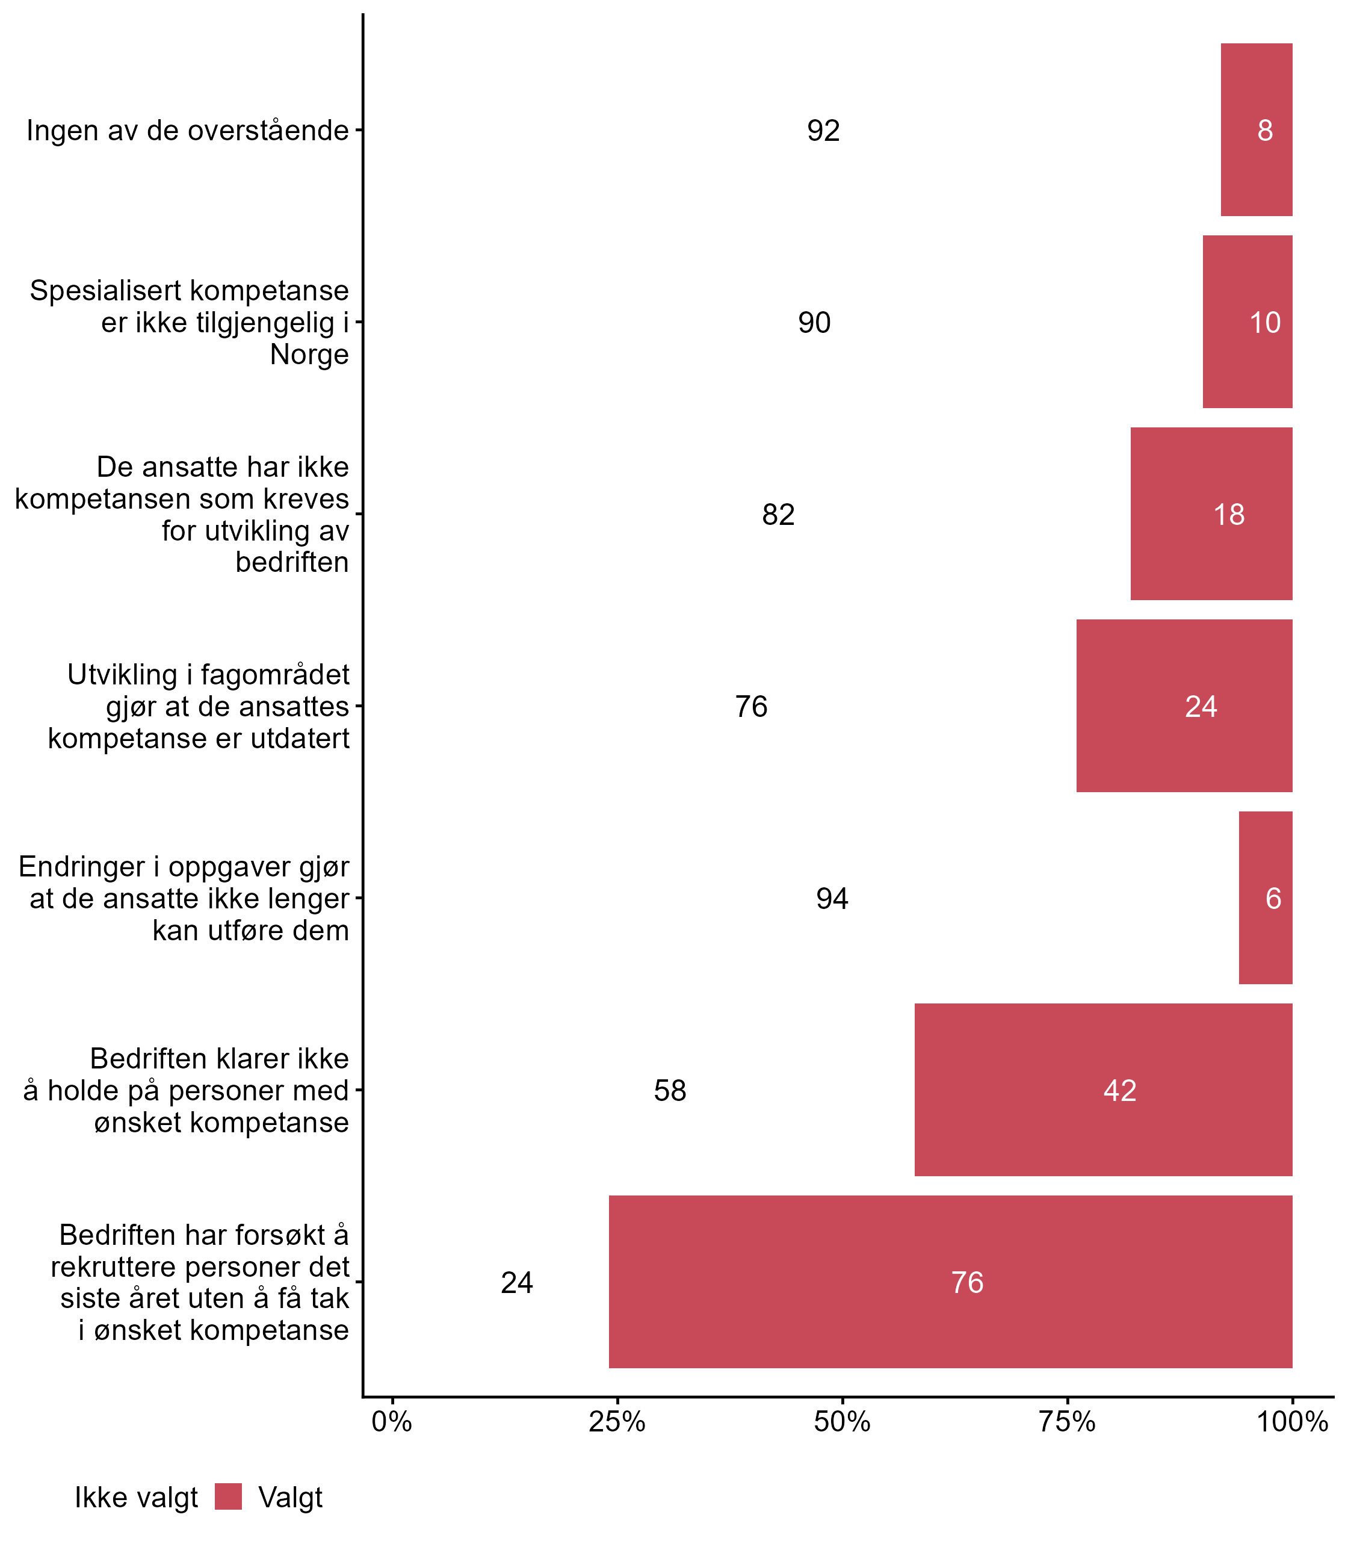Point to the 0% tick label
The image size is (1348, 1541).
pyautogui.click(x=392, y=1422)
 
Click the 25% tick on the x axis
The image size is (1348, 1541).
pyautogui.click(x=617, y=1422)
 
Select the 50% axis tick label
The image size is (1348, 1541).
pyautogui.click(x=842, y=1422)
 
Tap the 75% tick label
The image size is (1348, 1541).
pyautogui.click(x=1066, y=1422)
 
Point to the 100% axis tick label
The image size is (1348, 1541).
pyautogui.click(x=1291, y=1422)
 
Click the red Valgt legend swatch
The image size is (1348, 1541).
pyautogui.click(x=228, y=1496)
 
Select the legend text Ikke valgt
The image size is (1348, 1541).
pyautogui.click(x=136, y=1498)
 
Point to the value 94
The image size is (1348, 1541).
pyautogui.click(x=832, y=898)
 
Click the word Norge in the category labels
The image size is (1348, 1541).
pyautogui.click(x=309, y=355)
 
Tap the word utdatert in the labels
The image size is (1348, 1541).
pyautogui.click(x=300, y=738)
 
